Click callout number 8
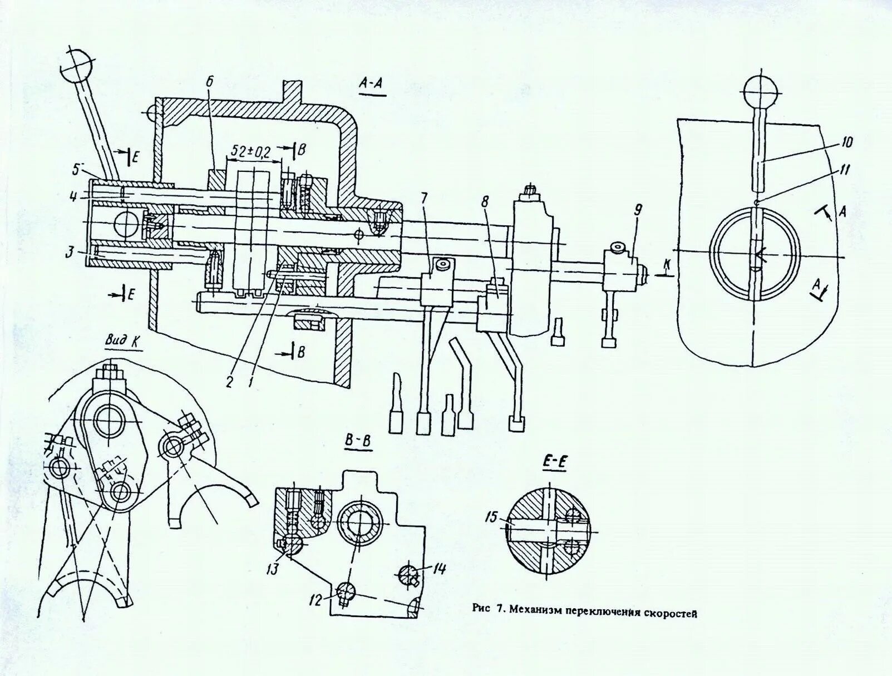485,202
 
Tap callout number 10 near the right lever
846,142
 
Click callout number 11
844,170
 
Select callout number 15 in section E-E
491,518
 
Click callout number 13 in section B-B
273,569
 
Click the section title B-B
358,441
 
